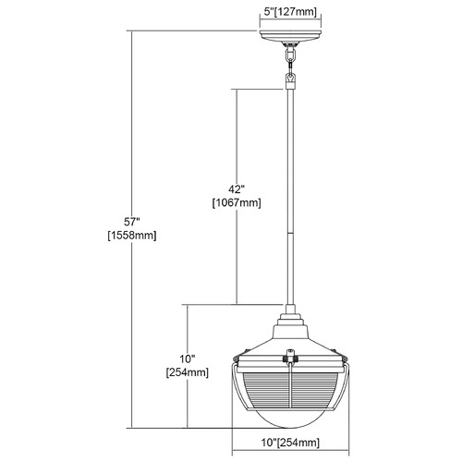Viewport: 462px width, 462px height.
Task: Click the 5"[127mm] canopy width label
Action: coord(290,12)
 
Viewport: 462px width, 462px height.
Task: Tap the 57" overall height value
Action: coord(132,221)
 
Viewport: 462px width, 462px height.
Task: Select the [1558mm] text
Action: coord(132,236)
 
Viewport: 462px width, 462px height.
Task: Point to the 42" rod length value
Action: coord(237,188)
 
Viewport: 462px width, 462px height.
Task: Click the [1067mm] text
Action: coord(237,202)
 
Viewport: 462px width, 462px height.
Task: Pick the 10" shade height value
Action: coord(188,359)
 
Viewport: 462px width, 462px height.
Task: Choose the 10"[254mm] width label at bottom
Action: coord(290,443)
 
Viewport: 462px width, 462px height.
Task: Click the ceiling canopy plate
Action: coord(290,35)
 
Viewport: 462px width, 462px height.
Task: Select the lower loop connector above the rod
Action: coord(290,80)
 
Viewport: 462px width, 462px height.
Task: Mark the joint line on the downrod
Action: coord(290,233)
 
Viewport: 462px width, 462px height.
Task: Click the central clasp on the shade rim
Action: coord(289,357)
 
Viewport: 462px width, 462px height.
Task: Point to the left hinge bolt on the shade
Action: coord(237,359)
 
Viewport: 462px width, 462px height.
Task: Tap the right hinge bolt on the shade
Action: coord(344,359)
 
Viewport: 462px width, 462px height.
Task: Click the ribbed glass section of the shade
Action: coord(290,391)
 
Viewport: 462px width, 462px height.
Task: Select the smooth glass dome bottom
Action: coord(290,419)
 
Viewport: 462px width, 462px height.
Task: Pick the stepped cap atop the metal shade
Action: coord(290,320)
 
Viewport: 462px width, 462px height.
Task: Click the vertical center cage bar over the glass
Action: coord(290,387)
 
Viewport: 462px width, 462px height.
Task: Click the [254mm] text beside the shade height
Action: coord(188,372)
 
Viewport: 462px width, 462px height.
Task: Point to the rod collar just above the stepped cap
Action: coord(290,309)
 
